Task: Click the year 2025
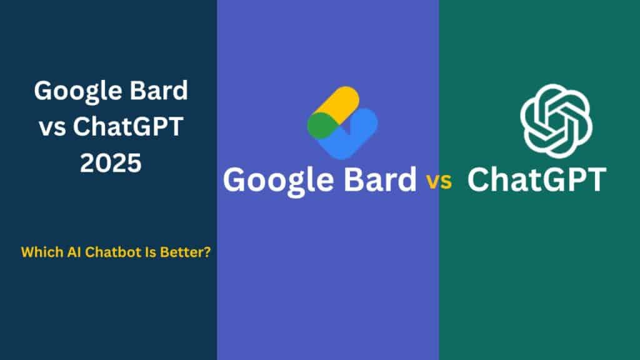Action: pos(111,163)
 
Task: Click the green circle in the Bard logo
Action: pos(319,125)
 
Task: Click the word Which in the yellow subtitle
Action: pos(39,252)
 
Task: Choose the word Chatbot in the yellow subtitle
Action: pos(104,252)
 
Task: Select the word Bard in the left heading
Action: pos(159,91)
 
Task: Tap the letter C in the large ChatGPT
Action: pos(482,179)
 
